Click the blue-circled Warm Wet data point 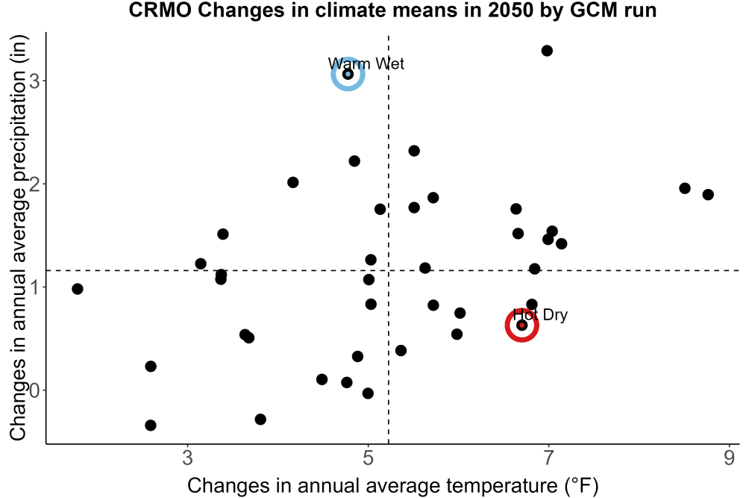tap(348, 74)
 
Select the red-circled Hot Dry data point tap(521, 326)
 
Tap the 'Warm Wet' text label tap(366, 63)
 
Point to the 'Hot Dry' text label tap(540, 314)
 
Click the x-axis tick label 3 tap(188, 458)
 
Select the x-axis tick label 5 tap(369, 458)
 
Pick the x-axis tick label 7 tap(548, 458)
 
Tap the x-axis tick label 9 tap(729, 458)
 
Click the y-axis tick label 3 tap(34, 81)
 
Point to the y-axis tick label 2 tap(34, 184)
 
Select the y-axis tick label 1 tap(34, 287)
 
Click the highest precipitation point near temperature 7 tap(547, 51)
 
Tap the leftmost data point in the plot tap(78, 289)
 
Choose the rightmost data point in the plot tap(708, 194)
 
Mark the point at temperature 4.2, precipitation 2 tap(292, 182)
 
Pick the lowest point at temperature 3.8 tap(260, 420)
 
